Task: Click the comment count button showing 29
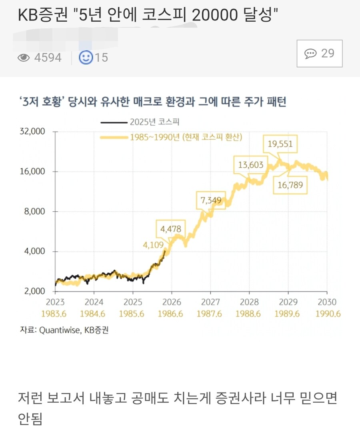click(x=319, y=54)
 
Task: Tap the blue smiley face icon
click(x=86, y=58)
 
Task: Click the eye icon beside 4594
click(x=24, y=58)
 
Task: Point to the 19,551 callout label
click(x=280, y=144)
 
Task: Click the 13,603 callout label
click(x=251, y=164)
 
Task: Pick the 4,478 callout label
click(x=171, y=229)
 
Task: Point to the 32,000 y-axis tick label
click(x=33, y=132)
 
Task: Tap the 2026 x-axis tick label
click(x=171, y=302)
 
